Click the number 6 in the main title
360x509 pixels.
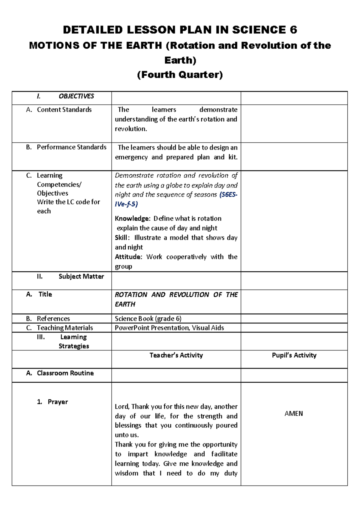(x=293, y=30)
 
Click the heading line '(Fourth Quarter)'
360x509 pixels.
(x=180, y=74)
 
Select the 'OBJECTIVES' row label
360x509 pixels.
(x=76, y=96)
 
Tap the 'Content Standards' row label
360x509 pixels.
(x=64, y=110)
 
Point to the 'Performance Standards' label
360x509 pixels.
(x=71, y=147)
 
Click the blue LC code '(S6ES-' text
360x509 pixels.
(x=228, y=194)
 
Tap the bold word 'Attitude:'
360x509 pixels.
(x=128, y=257)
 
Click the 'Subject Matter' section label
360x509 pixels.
(x=81, y=276)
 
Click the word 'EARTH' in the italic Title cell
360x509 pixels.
(x=125, y=304)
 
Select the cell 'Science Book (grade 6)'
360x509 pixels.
(x=148, y=318)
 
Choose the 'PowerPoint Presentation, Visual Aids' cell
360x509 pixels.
(x=169, y=328)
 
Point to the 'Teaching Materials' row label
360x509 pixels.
(x=65, y=328)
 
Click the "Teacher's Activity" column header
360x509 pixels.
(x=176, y=355)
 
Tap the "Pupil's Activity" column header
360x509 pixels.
(x=294, y=355)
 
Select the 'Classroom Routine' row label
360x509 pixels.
(x=65, y=373)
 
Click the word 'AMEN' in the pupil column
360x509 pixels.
(x=293, y=414)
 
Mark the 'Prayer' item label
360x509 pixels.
(x=58, y=402)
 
